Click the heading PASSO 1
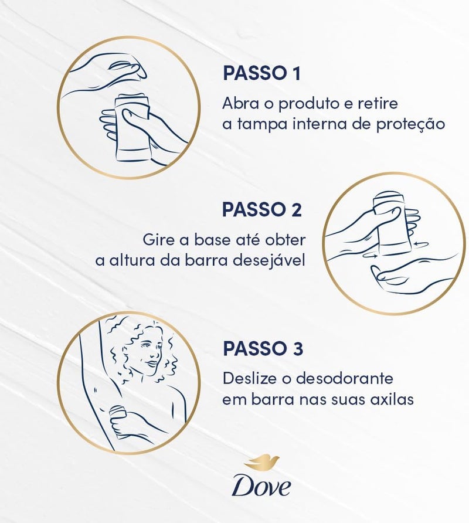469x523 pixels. [261, 73]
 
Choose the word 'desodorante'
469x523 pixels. [342, 378]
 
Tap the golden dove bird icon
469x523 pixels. [262, 463]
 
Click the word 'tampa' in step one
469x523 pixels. [251, 125]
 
